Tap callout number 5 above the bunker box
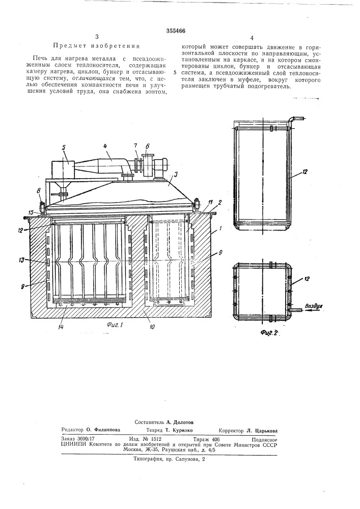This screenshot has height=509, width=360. pyautogui.click(x=64, y=148)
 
